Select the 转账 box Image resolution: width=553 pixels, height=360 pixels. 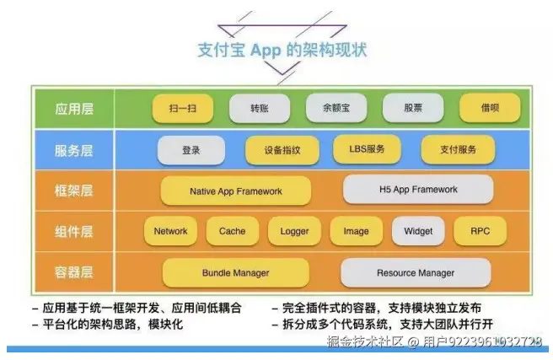click(x=260, y=109)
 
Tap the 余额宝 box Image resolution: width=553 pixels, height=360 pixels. click(x=336, y=109)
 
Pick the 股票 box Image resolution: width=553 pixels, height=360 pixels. click(x=413, y=109)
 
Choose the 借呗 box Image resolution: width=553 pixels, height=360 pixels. click(x=490, y=109)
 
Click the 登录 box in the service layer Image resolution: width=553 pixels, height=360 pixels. click(x=191, y=150)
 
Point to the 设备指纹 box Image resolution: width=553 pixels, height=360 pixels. click(x=282, y=150)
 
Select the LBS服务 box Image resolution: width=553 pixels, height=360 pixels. click(x=367, y=150)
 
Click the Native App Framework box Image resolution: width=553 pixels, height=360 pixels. click(x=236, y=191)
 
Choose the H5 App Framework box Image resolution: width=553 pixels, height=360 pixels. click(x=418, y=191)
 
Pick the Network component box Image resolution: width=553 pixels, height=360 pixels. click(x=171, y=231)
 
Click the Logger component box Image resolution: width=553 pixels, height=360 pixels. click(x=295, y=231)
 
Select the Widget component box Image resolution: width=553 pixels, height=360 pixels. click(x=418, y=231)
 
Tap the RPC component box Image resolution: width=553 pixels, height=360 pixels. click(x=481, y=231)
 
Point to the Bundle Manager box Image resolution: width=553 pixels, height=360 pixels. click(x=236, y=272)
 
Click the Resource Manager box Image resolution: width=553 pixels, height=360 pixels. click(x=416, y=272)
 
